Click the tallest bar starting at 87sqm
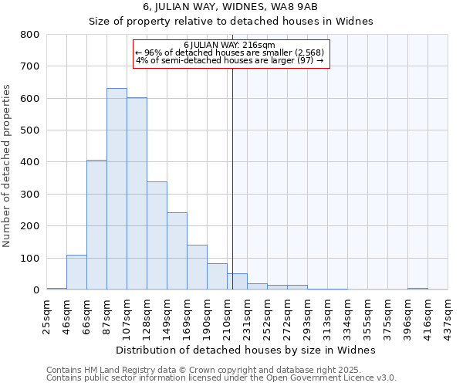(x=117, y=189)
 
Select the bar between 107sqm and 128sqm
(x=137, y=194)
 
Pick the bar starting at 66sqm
(x=96, y=225)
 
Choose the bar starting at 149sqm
(x=177, y=251)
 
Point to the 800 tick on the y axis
(x=30, y=35)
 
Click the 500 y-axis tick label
(x=30, y=130)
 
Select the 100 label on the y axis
(x=30, y=258)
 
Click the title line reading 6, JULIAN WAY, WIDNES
(x=231, y=7)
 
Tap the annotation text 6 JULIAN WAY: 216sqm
(x=231, y=45)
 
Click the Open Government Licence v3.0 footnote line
(x=221, y=378)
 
